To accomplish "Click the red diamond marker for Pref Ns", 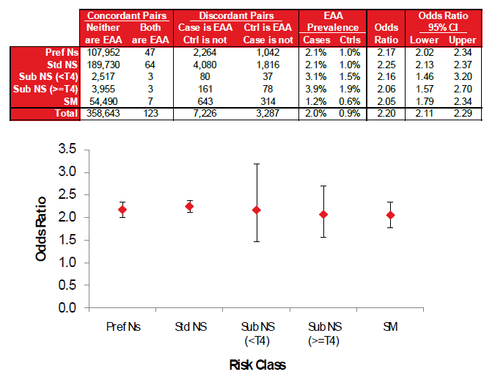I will tap(122, 210).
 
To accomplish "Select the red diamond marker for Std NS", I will tap(188, 206).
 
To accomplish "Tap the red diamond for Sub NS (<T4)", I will tap(255, 211).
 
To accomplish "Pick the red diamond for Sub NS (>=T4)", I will tap(323, 214).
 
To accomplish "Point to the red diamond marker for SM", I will tap(390, 215).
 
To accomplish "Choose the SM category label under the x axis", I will tap(390, 325).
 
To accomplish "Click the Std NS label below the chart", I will tap(188, 325).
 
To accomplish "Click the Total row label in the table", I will tap(67, 114).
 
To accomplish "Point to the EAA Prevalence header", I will tap(329, 21).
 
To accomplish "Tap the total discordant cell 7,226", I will tap(216, 114).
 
